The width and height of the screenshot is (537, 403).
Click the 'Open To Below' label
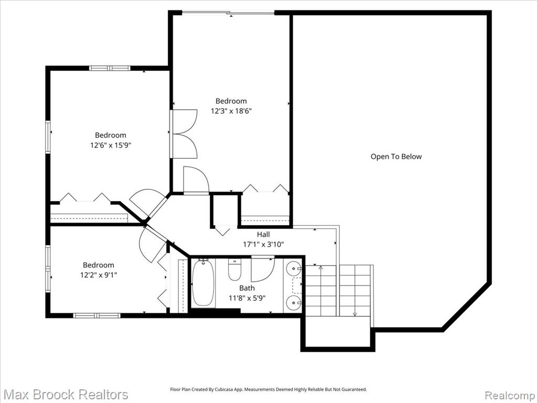[x=396, y=156]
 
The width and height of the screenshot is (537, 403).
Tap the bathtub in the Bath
[x=203, y=283]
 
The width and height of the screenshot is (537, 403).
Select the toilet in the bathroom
[x=234, y=269]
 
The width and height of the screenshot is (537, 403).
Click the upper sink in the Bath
[x=294, y=268]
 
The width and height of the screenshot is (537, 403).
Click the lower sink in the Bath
[x=294, y=302]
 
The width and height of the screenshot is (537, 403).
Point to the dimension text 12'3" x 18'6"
[x=231, y=111]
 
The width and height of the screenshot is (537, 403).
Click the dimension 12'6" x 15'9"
[x=111, y=145]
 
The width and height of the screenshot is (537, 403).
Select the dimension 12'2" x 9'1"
[x=99, y=275]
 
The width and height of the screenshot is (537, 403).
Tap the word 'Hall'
[x=263, y=235]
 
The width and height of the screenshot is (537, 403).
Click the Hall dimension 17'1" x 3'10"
[x=263, y=245]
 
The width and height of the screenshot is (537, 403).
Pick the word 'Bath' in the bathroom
[x=247, y=288]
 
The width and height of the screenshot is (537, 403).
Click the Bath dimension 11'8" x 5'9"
[x=247, y=298]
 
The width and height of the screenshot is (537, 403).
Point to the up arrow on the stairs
[x=320, y=291]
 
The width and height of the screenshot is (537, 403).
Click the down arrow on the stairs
[x=355, y=291]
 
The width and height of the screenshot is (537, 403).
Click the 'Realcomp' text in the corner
[x=510, y=395]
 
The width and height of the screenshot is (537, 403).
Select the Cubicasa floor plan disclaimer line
[x=268, y=389]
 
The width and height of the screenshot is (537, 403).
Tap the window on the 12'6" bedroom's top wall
[x=110, y=68]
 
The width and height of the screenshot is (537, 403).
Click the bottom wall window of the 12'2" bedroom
[x=97, y=315]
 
